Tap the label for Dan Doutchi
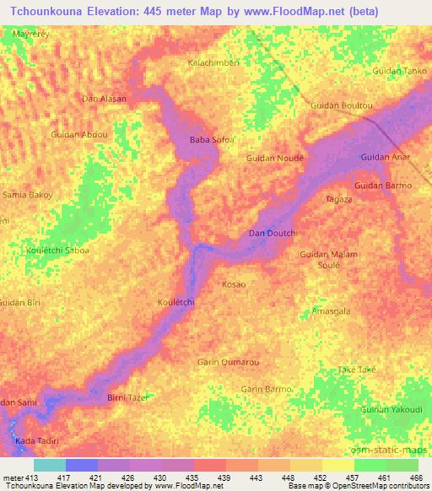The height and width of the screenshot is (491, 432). pos(270,233)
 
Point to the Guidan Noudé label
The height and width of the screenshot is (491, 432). pos(274,158)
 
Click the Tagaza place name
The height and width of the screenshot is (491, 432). pos(338,199)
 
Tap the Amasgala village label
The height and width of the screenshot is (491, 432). pos(331,310)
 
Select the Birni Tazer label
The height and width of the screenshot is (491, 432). pos(128,397)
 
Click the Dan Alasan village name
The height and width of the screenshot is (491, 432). pos(104,99)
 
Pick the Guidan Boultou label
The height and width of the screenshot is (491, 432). pos(342,105)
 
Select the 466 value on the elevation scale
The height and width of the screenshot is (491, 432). pos(416,477)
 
